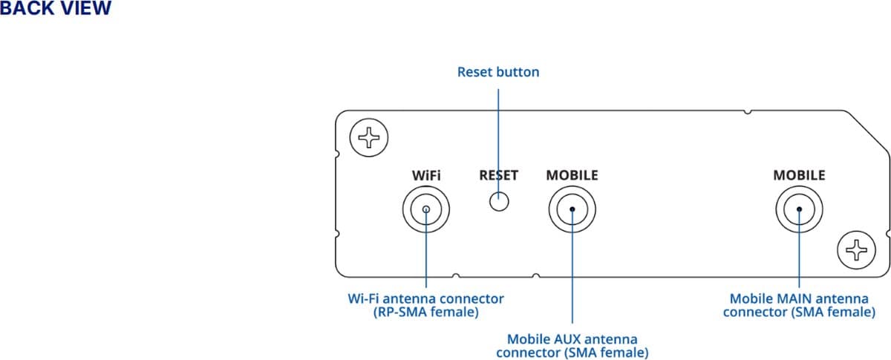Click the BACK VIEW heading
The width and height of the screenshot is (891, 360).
click(56, 9)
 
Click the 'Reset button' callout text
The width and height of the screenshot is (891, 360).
click(498, 72)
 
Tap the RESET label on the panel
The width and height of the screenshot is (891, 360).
click(498, 176)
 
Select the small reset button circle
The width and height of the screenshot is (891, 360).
click(499, 200)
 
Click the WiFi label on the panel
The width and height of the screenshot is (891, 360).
click(426, 176)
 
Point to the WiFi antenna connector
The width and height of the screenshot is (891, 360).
click(426, 209)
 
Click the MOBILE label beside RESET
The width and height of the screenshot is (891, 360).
click(572, 176)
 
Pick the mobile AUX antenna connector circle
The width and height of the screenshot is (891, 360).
click(572, 209)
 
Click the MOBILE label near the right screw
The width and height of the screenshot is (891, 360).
click(799, 176)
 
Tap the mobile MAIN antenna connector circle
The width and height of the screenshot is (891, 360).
click(800, 209)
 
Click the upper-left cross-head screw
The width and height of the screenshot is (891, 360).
click(368, 137)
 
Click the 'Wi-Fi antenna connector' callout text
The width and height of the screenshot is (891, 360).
click(426, 299)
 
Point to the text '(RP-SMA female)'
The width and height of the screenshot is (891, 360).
click(426, 312)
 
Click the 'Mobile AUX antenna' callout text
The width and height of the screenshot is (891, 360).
click(572, 338)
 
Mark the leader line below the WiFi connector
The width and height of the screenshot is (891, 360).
click(426, 260)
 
